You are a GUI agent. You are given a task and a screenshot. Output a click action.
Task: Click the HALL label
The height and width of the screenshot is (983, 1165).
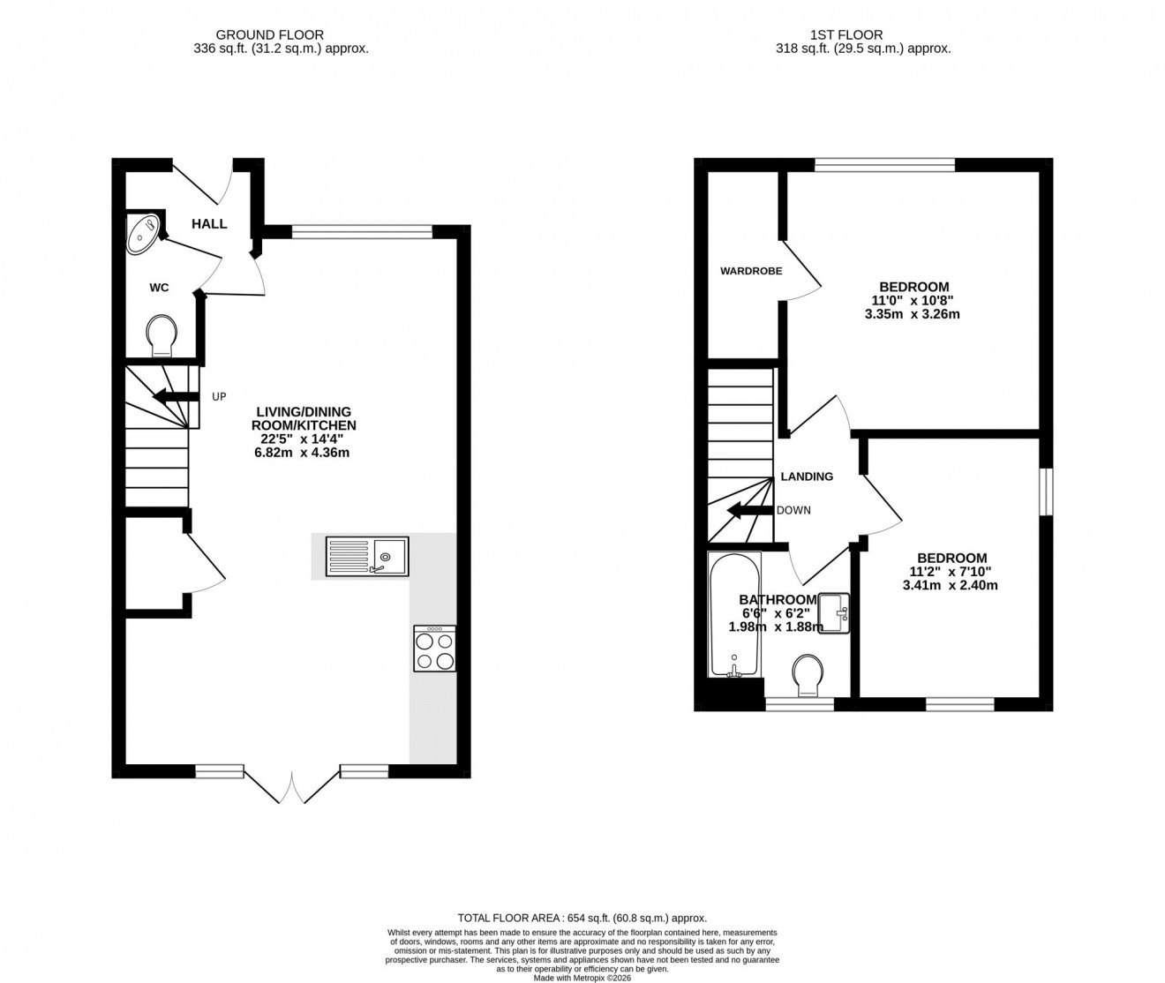(x=209, y=224)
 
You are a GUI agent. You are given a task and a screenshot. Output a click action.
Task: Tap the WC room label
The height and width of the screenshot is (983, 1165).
(x=159, y=288)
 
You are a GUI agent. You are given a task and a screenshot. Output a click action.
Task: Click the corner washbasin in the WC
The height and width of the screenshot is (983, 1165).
(x=143, y=233)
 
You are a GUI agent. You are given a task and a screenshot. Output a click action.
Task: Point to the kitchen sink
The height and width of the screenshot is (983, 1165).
(x=366, y=557)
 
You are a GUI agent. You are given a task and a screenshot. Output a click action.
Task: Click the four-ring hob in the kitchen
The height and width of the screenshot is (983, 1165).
(x=434, y=649)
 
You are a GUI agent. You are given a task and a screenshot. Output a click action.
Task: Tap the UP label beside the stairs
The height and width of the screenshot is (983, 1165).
(x=219, y=397)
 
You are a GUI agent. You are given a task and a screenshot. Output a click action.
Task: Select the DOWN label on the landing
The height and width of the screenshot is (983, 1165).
(x=793, y=510)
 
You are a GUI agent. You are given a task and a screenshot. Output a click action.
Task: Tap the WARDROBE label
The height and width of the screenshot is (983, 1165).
(x=751, y=271)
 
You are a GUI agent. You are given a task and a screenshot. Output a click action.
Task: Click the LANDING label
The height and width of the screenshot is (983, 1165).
(x=807, y=476)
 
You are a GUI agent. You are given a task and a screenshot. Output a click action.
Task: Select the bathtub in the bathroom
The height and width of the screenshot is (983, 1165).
(x=734, y=615)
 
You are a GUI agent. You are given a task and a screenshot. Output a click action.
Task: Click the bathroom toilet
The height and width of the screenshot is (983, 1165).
(x=808, y=675)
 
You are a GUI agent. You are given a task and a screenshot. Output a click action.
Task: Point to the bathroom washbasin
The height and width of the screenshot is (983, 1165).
(x=833, y=612)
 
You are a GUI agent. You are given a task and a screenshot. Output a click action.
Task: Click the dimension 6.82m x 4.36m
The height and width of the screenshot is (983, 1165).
(x=304, y=453)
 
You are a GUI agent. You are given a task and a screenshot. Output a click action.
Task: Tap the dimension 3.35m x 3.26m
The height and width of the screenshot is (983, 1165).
(x=913, y=314)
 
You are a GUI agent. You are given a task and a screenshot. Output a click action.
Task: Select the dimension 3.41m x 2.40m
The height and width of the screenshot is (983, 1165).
(x=951, y=585)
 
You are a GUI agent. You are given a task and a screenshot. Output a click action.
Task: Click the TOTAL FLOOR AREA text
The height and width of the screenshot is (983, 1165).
(x=582, y=918)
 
